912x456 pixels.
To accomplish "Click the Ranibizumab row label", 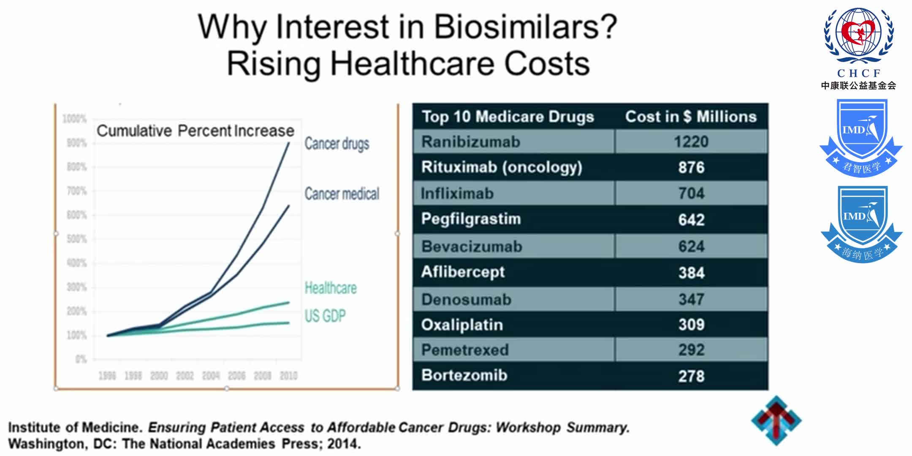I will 470,142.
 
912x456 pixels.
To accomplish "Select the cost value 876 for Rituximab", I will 691,168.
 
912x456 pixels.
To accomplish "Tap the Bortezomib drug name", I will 464,375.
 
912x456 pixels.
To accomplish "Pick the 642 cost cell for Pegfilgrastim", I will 691,220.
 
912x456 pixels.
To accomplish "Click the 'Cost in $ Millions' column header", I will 690,117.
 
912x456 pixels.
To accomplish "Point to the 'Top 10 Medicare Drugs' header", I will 508,117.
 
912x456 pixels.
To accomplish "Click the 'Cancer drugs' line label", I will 337,144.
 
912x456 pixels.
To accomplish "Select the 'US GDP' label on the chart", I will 325,316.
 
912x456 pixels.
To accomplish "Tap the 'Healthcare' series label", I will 331,288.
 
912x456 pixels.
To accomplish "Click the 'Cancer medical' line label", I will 342,194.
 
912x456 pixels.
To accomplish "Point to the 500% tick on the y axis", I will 76,239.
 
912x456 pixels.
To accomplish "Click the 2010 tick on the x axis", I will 288,376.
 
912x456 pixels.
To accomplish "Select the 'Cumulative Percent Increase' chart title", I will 195,131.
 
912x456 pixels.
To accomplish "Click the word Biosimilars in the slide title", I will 525,27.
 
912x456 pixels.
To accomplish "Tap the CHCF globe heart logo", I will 858,35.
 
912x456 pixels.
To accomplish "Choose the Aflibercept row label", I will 463,272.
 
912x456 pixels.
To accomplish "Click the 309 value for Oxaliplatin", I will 691,325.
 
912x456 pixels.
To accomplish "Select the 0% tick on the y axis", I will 81,360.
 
